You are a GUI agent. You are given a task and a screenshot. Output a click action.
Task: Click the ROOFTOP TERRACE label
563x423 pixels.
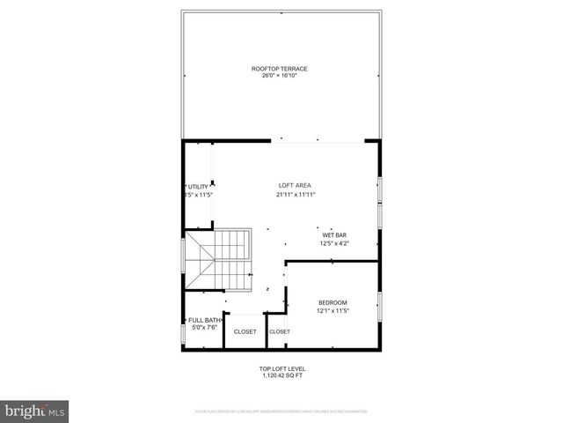tap(279, 68)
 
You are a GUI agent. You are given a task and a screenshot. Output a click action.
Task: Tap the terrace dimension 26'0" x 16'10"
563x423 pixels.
tap(279, 76)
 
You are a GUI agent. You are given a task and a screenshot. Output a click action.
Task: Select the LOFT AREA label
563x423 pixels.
tap(296, 186)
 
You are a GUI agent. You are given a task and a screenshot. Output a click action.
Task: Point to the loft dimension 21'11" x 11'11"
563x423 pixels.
tap(296, 194)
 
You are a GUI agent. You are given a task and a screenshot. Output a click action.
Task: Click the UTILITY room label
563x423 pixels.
tap(199, 187)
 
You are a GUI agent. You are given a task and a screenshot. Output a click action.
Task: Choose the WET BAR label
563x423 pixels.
tap(334, 234)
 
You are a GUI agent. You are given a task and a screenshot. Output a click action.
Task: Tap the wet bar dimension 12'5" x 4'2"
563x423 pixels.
tap(334, 242)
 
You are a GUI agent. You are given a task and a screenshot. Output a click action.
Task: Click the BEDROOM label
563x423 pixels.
tap(333, 302)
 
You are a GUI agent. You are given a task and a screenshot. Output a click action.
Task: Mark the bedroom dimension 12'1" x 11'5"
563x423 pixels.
tap(333, 310)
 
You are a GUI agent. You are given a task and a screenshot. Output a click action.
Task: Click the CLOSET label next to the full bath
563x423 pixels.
tap(245, 331)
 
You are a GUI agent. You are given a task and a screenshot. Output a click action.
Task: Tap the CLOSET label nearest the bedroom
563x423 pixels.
tap(280, 331)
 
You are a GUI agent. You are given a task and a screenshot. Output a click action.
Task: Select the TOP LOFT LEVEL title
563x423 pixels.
tap(281, 368)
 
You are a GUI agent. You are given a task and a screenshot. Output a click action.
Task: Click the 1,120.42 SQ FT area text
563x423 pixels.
tap(281, 375)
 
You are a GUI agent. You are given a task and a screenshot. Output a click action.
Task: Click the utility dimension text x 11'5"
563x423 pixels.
tap(199, 195)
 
